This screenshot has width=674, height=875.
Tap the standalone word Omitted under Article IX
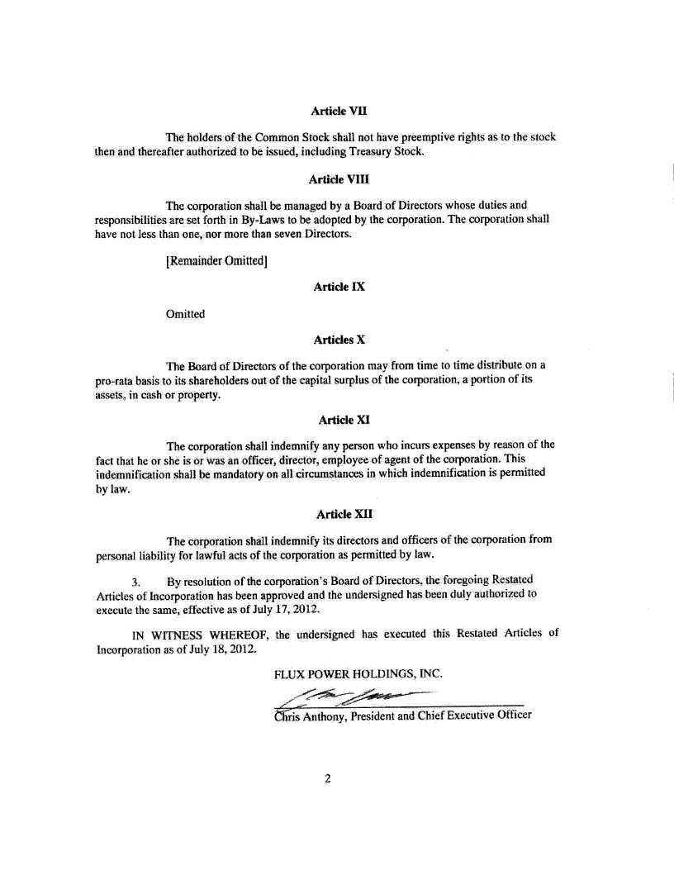[x=185, y=314]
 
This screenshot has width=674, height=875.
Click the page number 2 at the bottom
[x=328, y=778]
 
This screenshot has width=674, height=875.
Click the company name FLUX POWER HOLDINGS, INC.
[x=358, y=673]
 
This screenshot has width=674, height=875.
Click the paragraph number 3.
[x=135, y=580]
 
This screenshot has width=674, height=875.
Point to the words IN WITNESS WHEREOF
[x=201, y=635]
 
